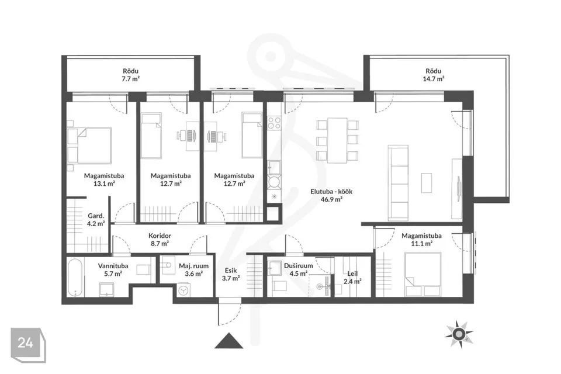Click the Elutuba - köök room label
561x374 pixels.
331,192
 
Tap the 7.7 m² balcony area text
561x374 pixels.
130,79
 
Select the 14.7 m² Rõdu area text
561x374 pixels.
433,79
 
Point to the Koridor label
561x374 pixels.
160,236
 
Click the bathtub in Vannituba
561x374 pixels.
75,278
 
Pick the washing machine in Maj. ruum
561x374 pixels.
183,290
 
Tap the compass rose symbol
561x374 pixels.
459,334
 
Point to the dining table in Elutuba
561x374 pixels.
337,140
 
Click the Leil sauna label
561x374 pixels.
352,273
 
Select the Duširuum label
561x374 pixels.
299,266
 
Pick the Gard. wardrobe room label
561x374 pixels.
96,216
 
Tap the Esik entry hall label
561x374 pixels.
230,271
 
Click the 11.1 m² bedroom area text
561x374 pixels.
421,243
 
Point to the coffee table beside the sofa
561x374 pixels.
426,183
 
